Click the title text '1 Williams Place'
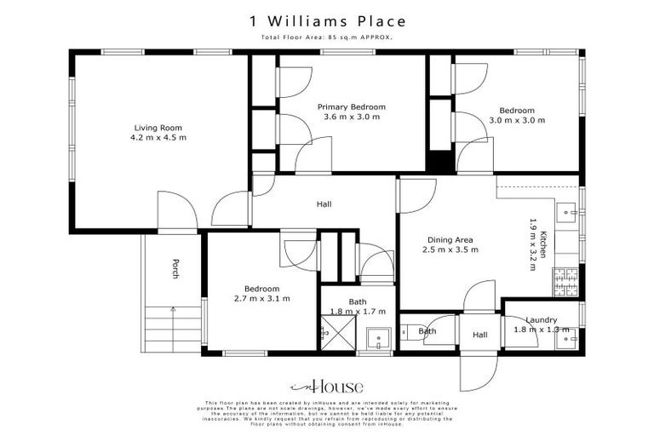pos(327,20)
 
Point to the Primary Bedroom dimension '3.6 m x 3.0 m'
pos(351,118)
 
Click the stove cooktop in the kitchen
pos(565,278)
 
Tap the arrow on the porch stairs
pos(173,311)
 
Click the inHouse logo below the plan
pos(327,386)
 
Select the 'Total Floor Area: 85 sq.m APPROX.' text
pos(327,38)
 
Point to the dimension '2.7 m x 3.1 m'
pos(261,299)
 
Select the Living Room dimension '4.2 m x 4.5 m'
pos(158,137)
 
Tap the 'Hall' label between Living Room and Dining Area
pos(324,204)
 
